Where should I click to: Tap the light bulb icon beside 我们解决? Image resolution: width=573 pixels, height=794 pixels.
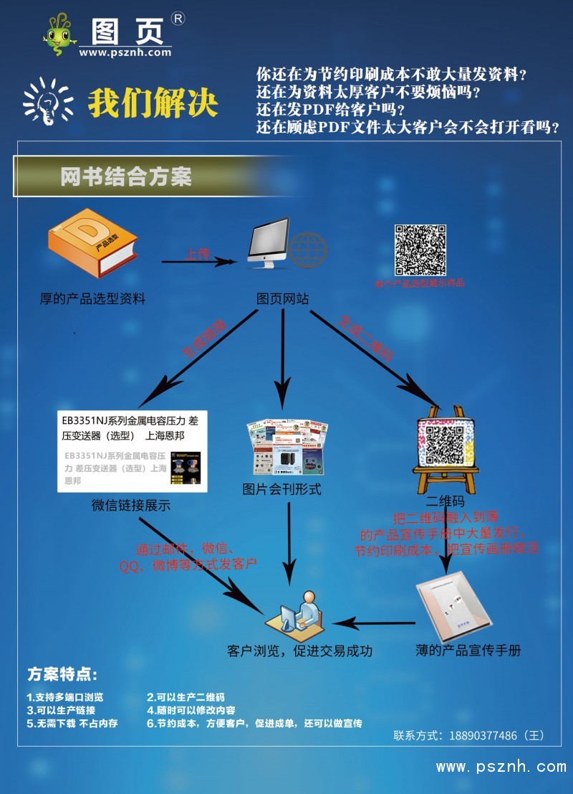48,102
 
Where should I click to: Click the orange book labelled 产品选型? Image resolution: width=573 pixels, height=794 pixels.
92,249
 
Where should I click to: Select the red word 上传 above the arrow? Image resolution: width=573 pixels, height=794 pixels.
197,254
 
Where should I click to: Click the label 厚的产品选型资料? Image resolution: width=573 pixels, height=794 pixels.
92,298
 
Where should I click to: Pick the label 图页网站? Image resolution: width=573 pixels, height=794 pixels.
283,298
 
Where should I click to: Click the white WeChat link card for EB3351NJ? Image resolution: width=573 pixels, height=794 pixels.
133,451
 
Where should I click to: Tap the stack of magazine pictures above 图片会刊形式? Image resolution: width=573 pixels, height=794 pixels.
287,446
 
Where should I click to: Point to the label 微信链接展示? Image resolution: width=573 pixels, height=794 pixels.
131,505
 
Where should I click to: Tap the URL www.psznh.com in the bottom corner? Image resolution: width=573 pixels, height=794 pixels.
501,767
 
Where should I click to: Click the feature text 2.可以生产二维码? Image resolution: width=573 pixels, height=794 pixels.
186,696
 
